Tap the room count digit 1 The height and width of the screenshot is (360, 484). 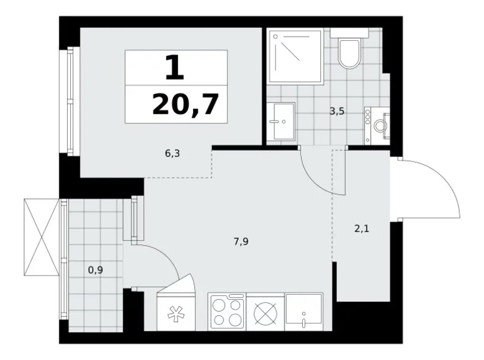click(x=175, y=67)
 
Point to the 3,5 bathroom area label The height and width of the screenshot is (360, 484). click(x=338, y=112)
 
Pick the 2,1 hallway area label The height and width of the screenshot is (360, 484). click(x=361, y=228)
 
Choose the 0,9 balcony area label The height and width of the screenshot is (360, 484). click(x=96, y=269)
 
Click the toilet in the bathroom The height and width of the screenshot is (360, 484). click(x=350, y=52)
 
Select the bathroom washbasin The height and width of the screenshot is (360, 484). click(x=282, y=122)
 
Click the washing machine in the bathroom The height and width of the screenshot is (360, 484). click(x=377, y=126)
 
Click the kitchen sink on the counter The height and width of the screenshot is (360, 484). click(x=304, y=312)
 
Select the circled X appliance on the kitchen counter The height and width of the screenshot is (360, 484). click(x=266, y=313)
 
